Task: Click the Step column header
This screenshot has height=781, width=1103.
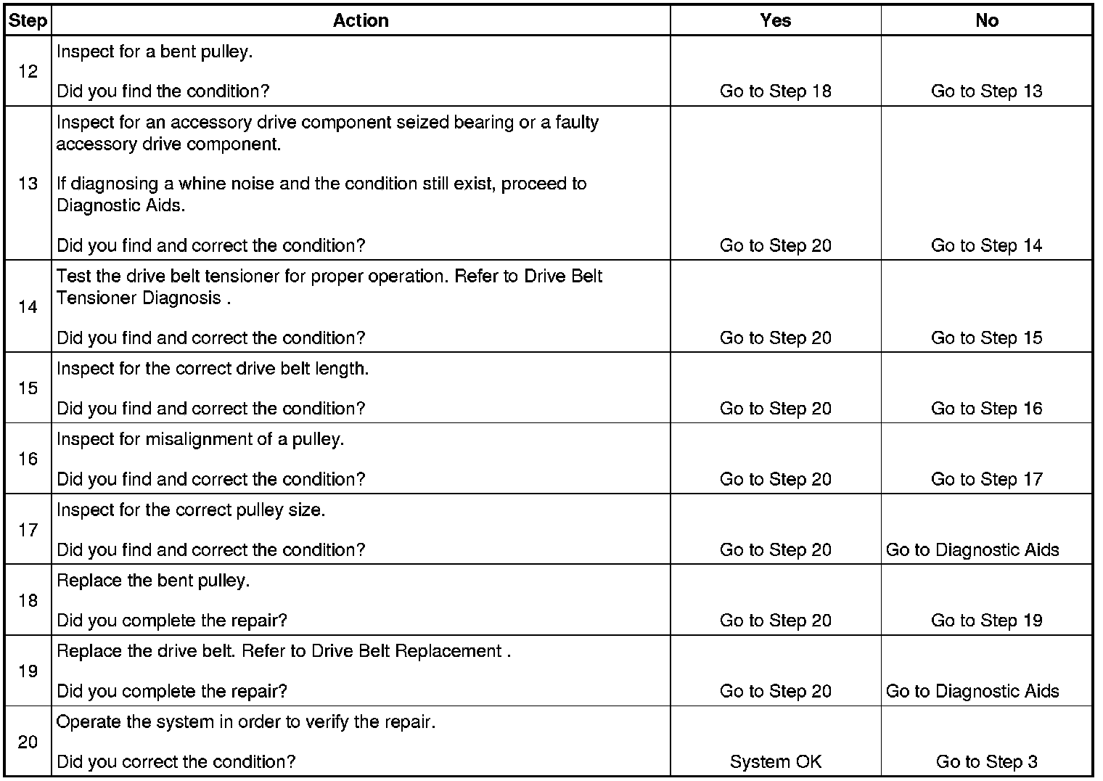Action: tap(28, 20)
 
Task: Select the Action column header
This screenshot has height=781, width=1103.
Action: tap(361, 20)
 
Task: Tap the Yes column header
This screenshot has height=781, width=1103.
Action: tap(775, 20)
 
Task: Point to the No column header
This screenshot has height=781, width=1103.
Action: tap(986, 20)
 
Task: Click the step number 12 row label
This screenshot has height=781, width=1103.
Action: tap(28, 71)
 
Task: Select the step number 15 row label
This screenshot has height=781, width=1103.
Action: tap(28, 388)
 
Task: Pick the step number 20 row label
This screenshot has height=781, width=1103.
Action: tap(28, 742)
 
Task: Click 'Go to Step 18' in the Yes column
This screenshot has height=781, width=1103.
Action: tap(775, 91)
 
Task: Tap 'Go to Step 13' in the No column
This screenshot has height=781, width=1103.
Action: tap(986, 91)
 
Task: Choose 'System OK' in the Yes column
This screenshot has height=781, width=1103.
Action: tap(775, 762)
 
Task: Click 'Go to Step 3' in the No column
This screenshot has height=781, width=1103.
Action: tap(986, 762)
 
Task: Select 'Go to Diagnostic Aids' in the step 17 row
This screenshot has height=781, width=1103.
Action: tap(972, 550)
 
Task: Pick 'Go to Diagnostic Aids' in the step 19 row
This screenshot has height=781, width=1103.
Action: tap(972, 692)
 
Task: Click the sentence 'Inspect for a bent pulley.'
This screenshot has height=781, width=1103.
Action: tap(155, 52)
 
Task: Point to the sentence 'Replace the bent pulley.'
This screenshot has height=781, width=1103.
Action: tap(153, 581)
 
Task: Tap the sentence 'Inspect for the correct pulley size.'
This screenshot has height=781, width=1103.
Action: tap(191, 510)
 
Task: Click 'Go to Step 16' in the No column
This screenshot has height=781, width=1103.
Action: tap(986, 409)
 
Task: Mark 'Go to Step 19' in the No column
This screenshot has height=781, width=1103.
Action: tap(986, 621)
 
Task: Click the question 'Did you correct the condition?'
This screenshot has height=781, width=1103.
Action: tap(176, 762)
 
